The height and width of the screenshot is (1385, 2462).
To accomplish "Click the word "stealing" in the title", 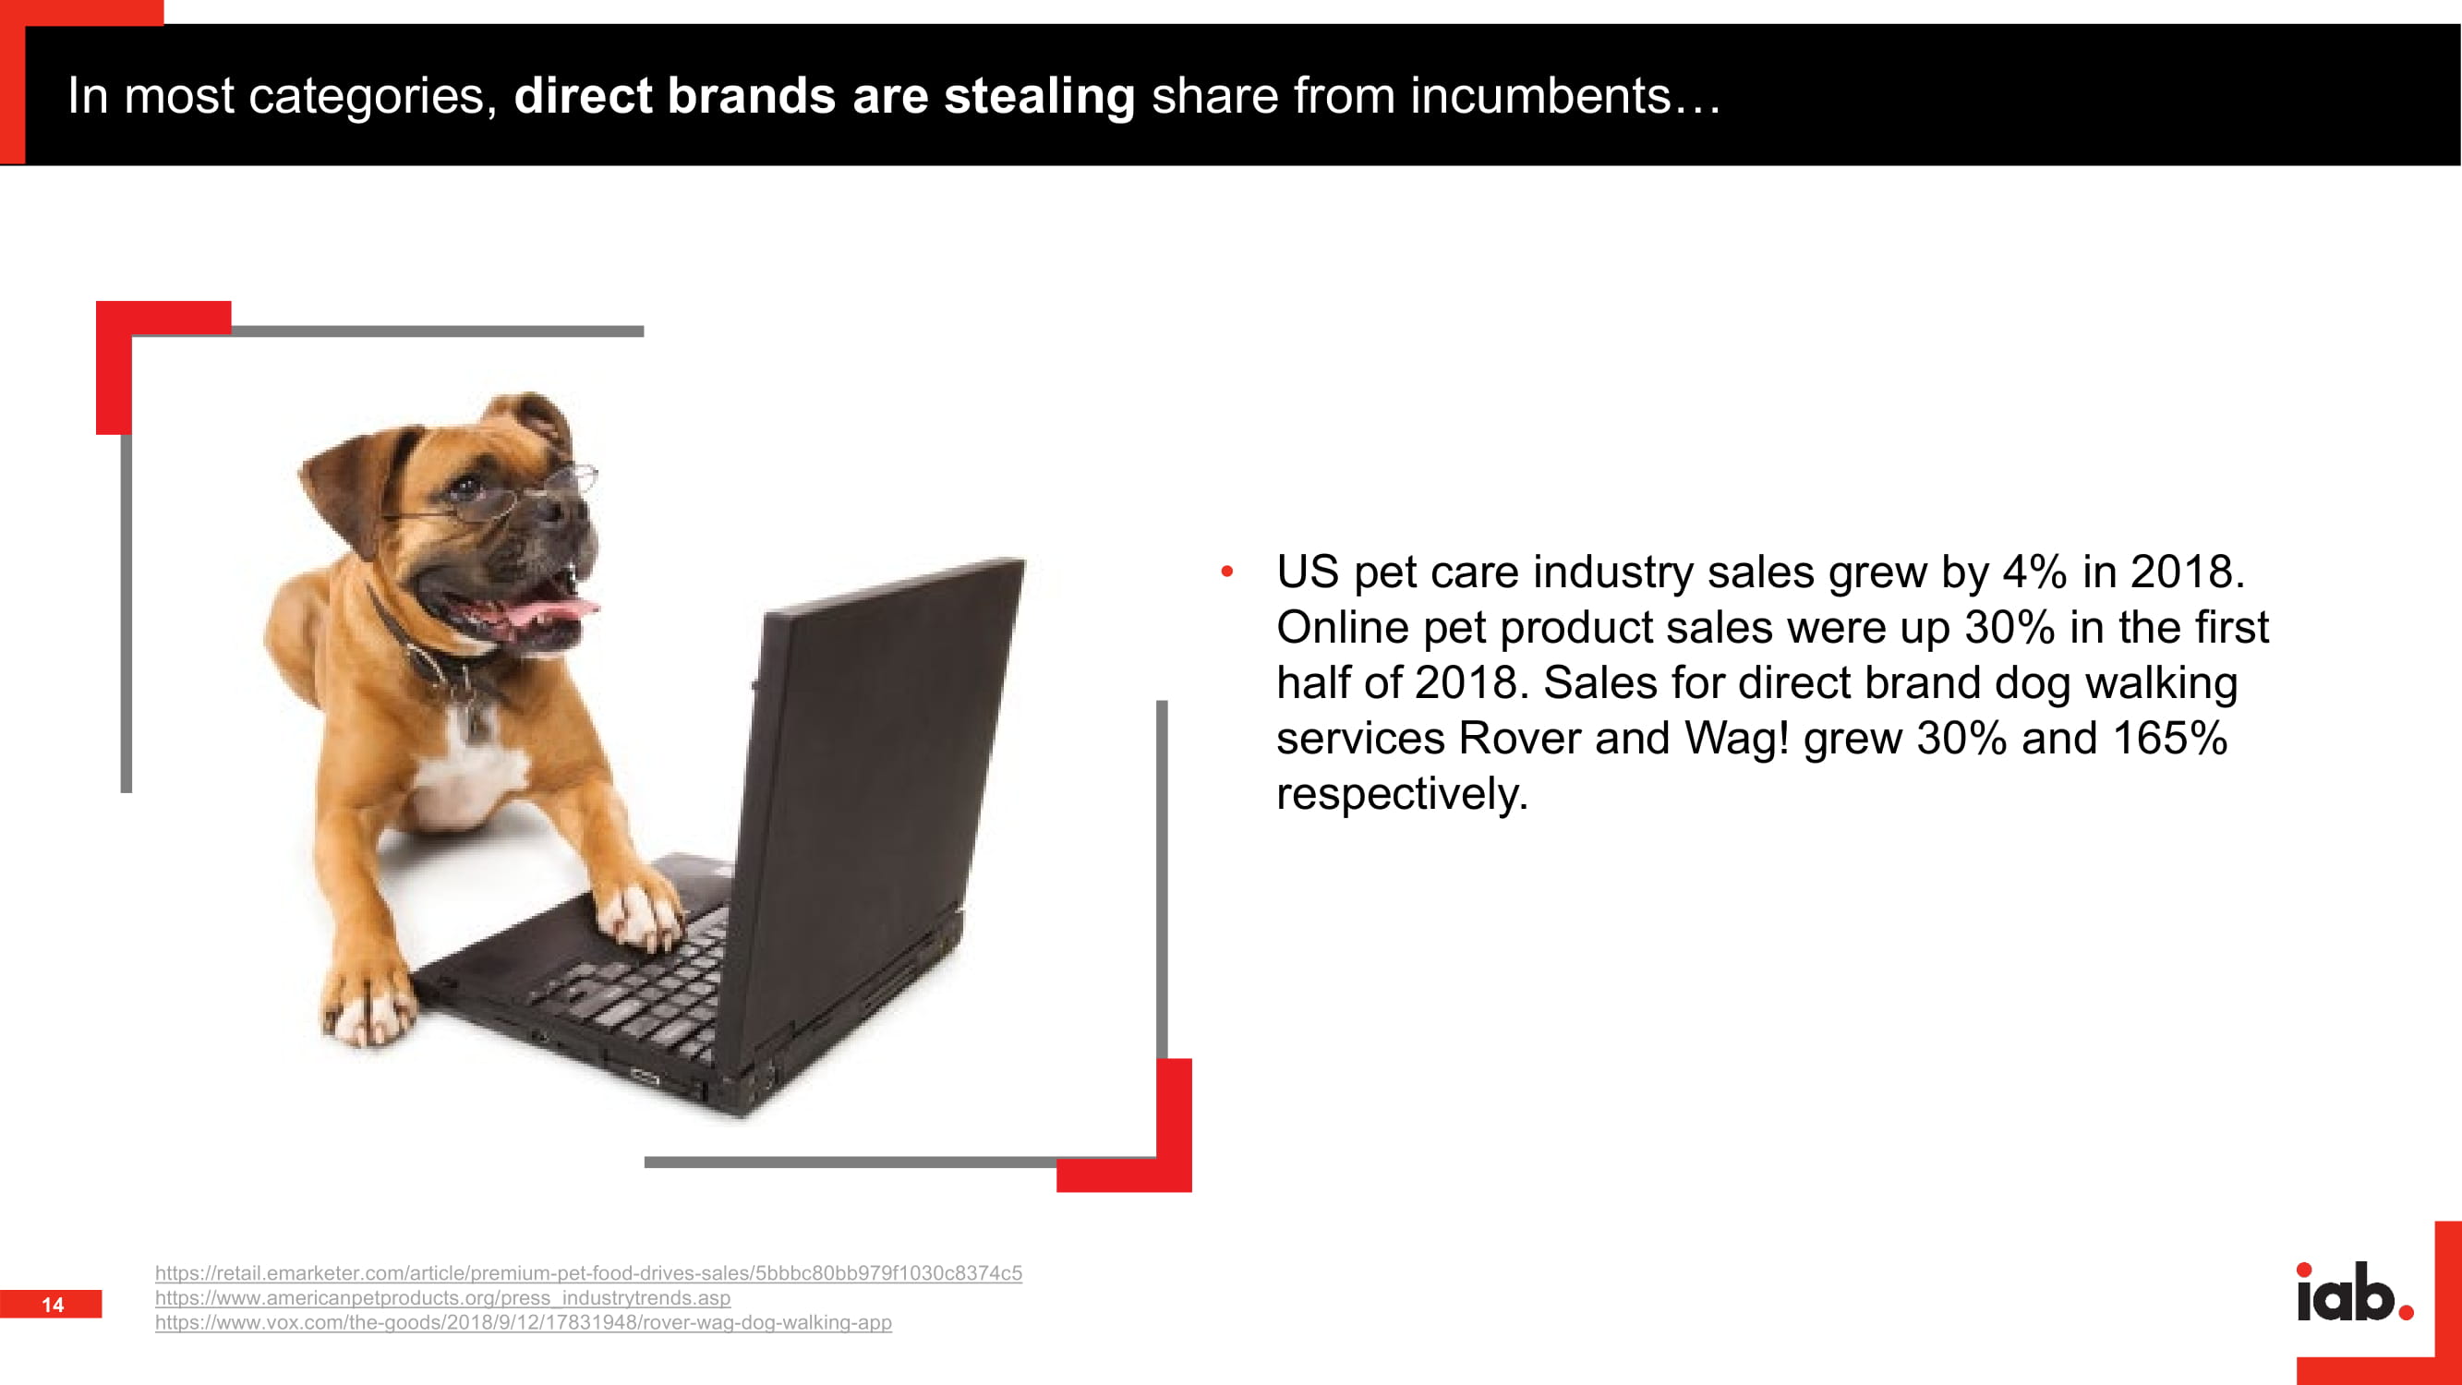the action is [x=1039, y=98].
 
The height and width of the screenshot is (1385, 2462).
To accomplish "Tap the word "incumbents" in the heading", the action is [x=1540, y=96].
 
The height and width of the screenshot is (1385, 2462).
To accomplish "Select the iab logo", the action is [x=2355, y=1292].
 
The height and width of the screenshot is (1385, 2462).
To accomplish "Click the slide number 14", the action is [x=53, y=1305].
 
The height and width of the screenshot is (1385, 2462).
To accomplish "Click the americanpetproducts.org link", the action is [x=442, y=1298].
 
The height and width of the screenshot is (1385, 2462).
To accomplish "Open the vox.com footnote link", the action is [x=524, y=1323].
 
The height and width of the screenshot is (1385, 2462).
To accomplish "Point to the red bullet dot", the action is [x=1227, y=572].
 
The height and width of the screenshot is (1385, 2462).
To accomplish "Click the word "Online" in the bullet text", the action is [x=1343, y=627].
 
